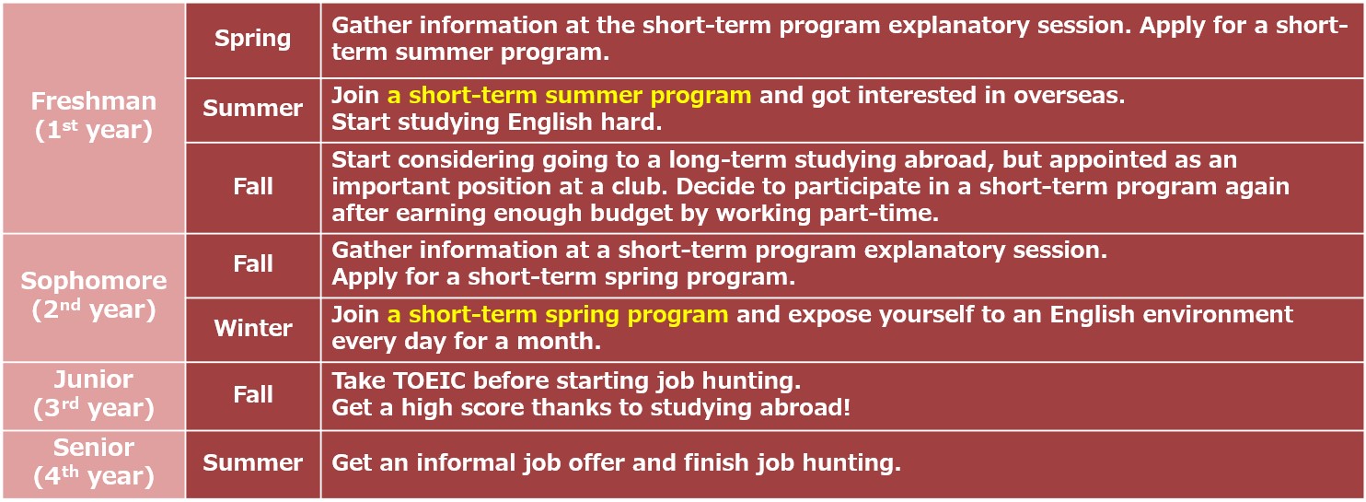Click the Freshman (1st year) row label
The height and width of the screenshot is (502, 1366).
[94, 116]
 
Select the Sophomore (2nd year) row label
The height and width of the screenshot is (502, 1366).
[94, 296]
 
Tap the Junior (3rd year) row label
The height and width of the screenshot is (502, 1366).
[94, 394]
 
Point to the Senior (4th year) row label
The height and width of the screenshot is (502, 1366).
[94, 462]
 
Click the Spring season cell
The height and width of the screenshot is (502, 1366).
[253, 39]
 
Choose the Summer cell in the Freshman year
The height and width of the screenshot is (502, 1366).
[253, 108]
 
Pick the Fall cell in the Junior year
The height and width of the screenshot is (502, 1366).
[253, 394]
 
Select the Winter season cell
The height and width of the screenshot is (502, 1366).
[253, 328]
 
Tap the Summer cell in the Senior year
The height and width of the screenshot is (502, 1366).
[253, 462]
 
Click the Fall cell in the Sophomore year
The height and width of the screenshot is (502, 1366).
[253, 263]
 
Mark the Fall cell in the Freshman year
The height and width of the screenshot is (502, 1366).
[253, 186]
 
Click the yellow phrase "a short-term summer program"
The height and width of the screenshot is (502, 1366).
[569, 96]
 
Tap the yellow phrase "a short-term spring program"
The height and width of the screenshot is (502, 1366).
[558, 315]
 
